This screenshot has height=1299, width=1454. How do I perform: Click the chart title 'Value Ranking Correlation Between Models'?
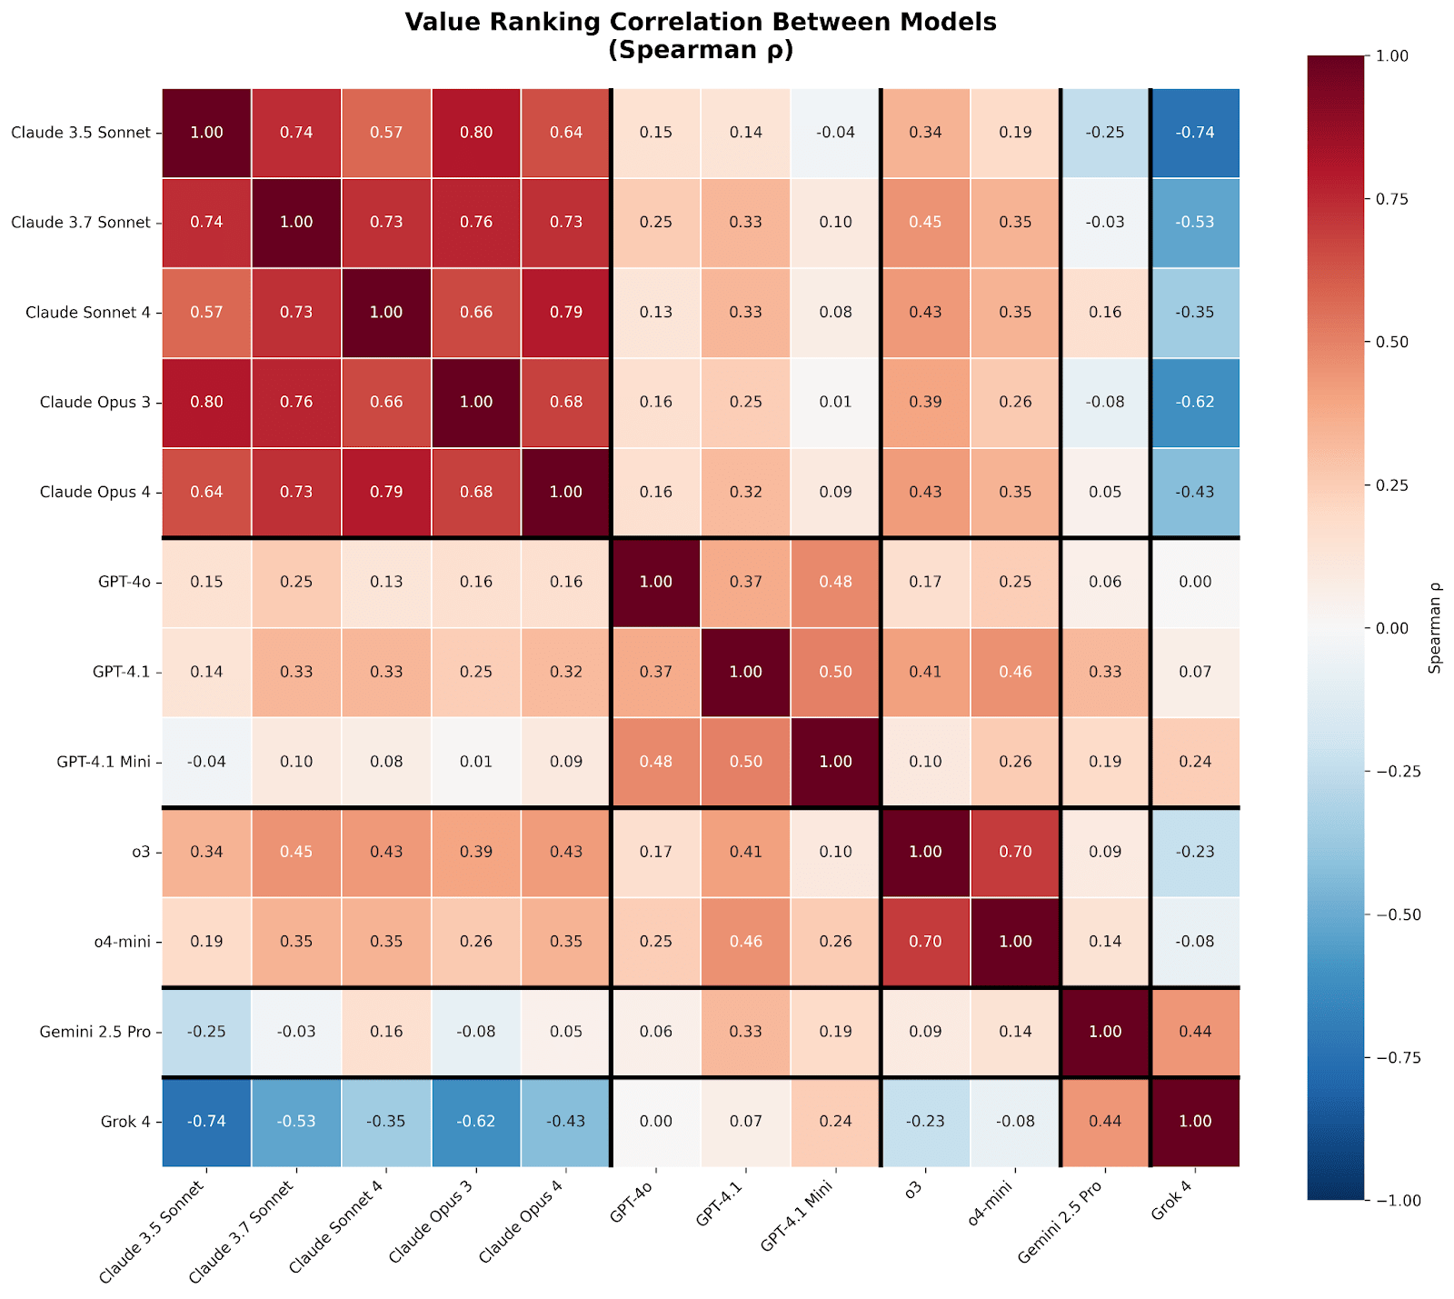pos(701,23)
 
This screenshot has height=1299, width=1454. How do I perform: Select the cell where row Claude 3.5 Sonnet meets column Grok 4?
pos(1195,133)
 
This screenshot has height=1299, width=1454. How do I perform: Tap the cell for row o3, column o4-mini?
pos(1015,853)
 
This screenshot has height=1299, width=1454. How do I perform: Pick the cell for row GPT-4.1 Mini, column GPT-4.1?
pos(745,763)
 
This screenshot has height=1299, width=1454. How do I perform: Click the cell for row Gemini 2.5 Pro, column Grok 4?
pos(1195,1033)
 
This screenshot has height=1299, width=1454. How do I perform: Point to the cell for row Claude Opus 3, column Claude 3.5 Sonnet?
pos(207,403)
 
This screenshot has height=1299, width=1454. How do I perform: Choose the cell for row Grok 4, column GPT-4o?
pos(656,1122)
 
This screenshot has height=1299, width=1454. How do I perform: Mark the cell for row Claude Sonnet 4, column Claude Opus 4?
pos(566,313)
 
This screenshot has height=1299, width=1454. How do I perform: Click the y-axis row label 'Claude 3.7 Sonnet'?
pos(81,223)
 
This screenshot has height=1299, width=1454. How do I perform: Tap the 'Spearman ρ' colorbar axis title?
pos(1435,628)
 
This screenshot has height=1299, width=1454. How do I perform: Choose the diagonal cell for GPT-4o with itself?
pos(656,583)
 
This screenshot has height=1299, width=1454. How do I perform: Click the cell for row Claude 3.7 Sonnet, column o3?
pos(925,223)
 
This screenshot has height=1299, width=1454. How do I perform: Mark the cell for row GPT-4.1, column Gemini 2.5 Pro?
pos(1105,673)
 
